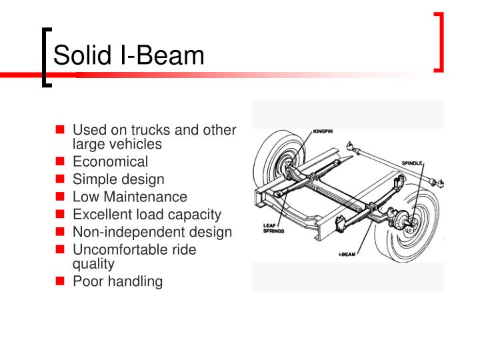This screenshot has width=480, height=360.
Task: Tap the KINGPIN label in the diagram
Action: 323,131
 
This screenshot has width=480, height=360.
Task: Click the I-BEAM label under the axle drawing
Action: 345,255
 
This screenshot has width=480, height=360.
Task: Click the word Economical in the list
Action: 111,161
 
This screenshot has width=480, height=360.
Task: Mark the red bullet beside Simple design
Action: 61,179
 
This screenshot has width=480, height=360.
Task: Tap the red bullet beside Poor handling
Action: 61,281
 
